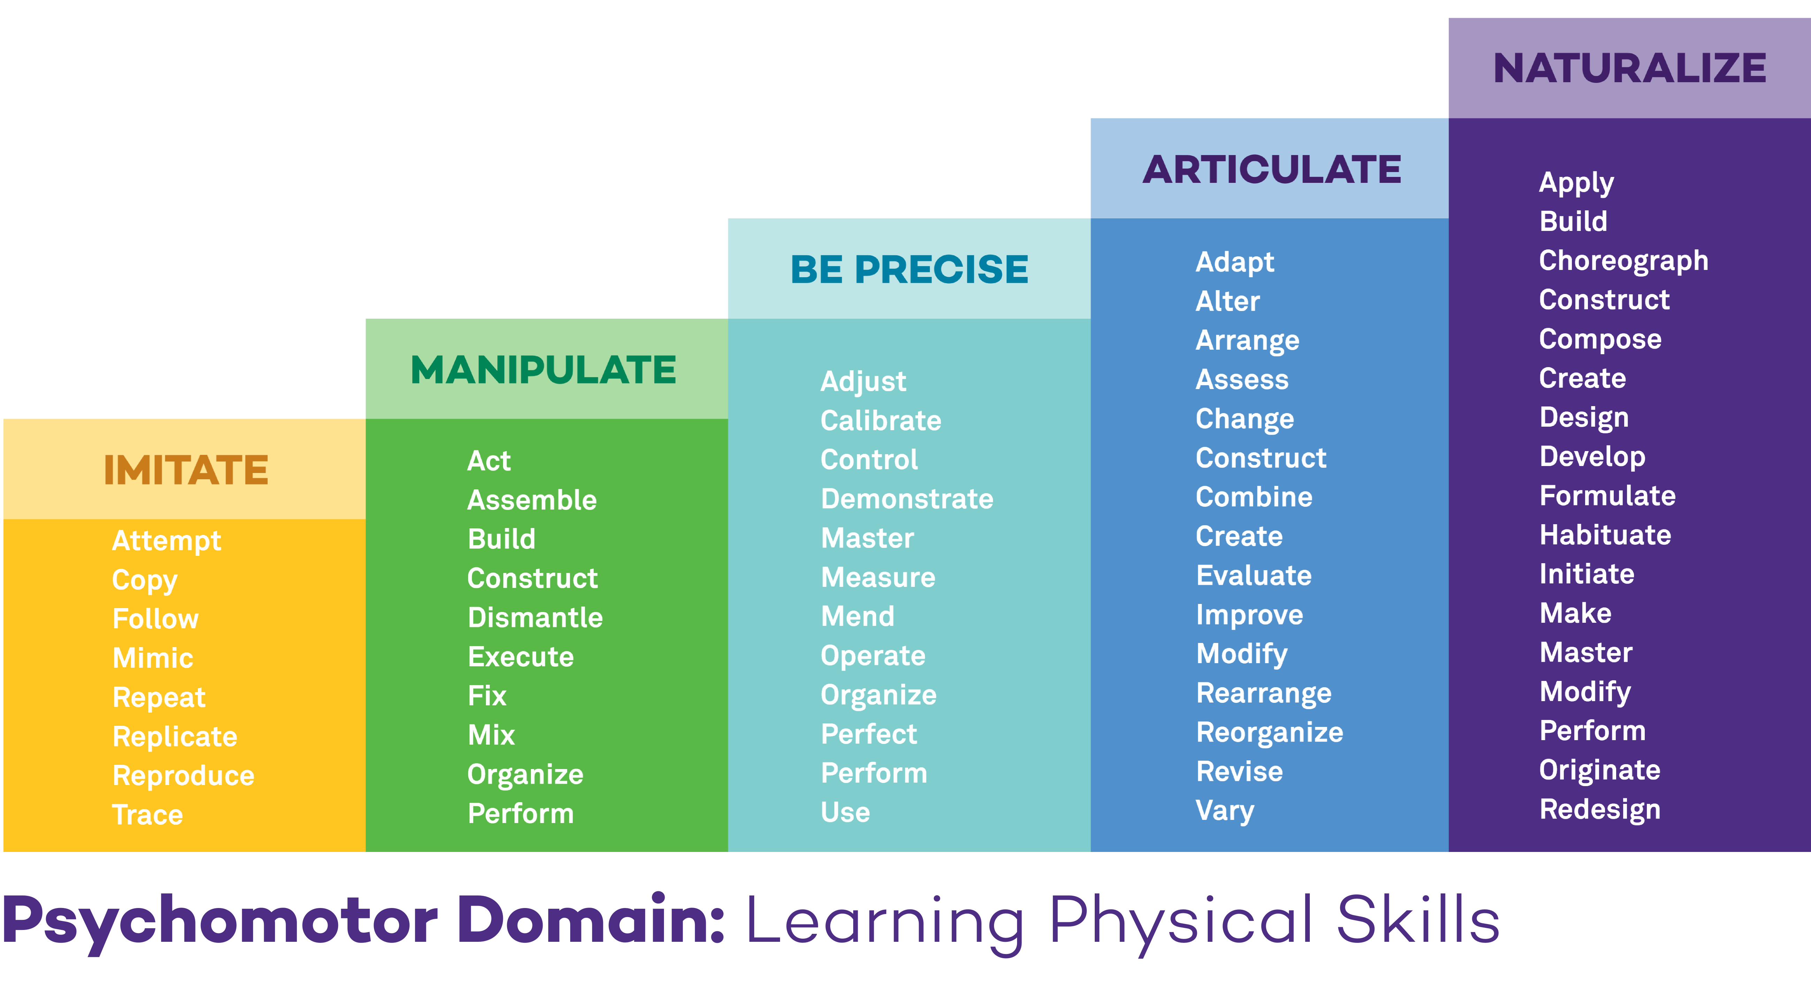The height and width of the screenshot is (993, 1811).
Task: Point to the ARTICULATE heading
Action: tap(1272, 169)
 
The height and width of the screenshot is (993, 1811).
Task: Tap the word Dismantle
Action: tap(535, 618)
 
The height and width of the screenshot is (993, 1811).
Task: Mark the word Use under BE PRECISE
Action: tap(845, 812)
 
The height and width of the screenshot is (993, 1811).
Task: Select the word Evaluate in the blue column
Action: tap(1253, 575)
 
